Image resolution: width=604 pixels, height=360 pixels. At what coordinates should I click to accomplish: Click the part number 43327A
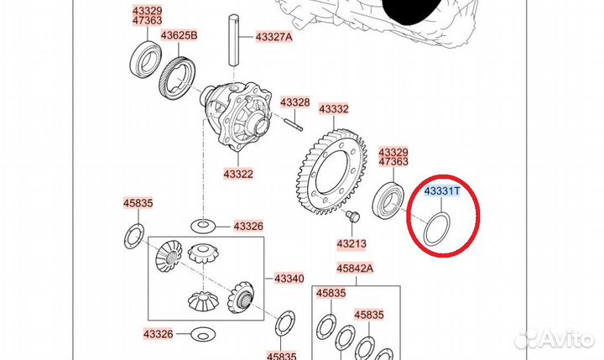pos(273,37)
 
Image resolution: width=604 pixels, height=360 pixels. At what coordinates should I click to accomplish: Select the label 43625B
pos(179,36)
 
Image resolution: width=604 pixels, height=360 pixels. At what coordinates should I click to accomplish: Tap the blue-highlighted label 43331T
pos(442,190)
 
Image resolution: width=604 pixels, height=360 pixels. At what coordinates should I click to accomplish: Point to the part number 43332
pos(334,109)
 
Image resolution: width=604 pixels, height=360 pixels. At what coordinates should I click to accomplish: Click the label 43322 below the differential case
pos(238,175)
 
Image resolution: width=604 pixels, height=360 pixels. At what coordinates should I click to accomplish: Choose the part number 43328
pos(295,102)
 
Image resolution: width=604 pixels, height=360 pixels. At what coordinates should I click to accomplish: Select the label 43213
pos(351,244)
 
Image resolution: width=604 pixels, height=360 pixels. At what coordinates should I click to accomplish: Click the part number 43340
pos(289,279)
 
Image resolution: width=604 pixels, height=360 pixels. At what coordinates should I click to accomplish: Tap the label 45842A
pos(355,268)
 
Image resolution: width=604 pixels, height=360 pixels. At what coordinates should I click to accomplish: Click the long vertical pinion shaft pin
pos(234,40)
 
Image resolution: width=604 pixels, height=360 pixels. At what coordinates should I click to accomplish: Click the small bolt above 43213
pos(352,217)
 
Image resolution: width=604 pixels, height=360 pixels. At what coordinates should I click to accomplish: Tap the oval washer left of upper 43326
pos(203,226)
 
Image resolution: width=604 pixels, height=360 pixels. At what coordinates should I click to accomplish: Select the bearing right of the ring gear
pos(388,200)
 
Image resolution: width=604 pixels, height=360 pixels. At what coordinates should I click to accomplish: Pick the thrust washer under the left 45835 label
pos(134,236)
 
